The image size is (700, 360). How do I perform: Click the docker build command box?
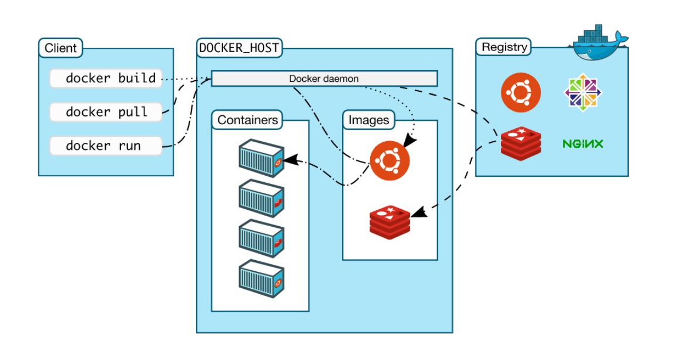click(x=106, y=78)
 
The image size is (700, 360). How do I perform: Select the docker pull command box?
click(x=106, y=112)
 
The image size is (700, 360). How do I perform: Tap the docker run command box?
click(x=106, y=145)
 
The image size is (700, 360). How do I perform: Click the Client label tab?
click(x=61, y=48)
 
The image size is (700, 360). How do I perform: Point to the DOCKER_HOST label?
click(x=240, y=48)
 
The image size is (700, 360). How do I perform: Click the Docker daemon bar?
click(x=325, y=79)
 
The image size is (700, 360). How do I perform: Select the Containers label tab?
click(x=247, y=119)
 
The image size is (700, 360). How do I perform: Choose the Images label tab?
click(x=369, y=119)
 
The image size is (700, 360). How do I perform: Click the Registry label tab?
click(x=503, y=47)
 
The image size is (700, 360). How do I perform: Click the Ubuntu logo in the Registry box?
click(x=520, y=92)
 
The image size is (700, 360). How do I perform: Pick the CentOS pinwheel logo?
click(x=583, y=92)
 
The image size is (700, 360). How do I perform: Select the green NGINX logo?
click(x=583, y=144)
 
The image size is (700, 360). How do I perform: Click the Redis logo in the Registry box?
click(x=520, y=144)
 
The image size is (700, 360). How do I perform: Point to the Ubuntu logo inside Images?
click(x=390, y=161)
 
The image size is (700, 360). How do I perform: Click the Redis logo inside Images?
click(x=390, y=222)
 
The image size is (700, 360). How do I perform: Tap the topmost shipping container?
click(x=261, y=158)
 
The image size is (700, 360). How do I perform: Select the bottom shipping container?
click(x=261, y=279)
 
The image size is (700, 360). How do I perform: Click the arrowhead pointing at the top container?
click(x=291, y=159)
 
